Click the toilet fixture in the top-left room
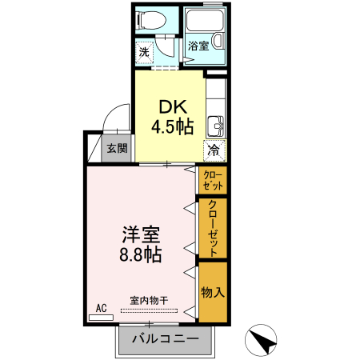[x=151, y=20]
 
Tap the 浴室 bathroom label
[x=198, y=46]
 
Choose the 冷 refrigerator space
[x=214, y=149]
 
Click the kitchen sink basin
[x=214, y=126]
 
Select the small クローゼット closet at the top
[x=214, y=180]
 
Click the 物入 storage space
[x=213, y=292]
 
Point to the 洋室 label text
[x=141, y=235]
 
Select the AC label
[x=102, y=307]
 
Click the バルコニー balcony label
[x=166, y=339]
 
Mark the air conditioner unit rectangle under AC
[x=102, y=317]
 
